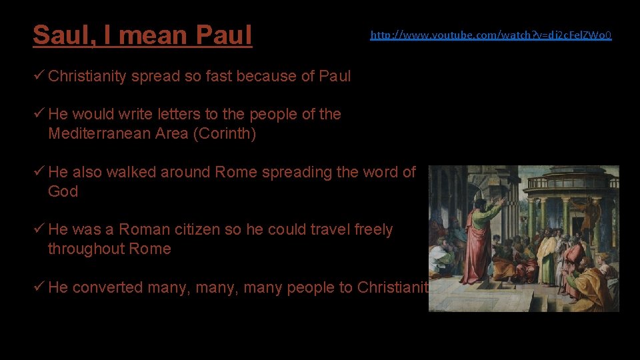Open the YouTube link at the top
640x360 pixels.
[491, 35]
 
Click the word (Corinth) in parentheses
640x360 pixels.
[225, 133]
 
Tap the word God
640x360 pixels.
[63, 191]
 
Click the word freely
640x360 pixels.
[373, 230]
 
